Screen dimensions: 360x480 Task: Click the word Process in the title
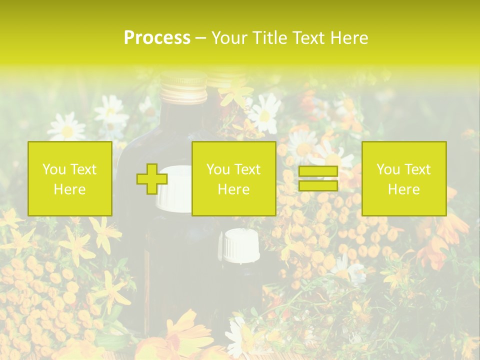click(157, 38)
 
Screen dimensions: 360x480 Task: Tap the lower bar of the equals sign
click(318, 186)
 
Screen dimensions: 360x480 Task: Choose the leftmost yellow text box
click(69, 178)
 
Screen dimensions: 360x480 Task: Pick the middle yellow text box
click(233, 178)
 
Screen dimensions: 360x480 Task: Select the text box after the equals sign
click(403, 178)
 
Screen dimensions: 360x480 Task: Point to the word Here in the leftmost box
click(69, 189)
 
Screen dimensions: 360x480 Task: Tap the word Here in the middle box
click(233, 189)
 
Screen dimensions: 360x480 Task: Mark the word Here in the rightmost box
click(403, 189)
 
